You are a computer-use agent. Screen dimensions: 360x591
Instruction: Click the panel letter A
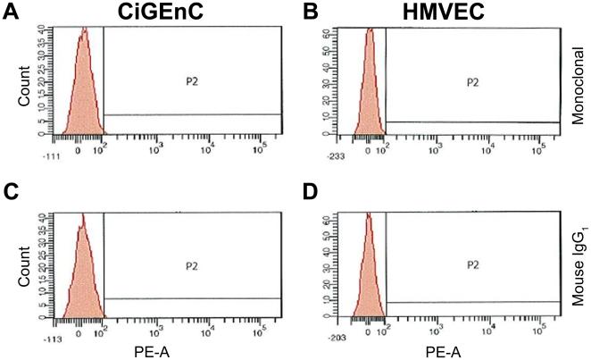[x=11, y=12]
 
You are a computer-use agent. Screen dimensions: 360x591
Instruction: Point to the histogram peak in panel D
[x=368, y=216]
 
